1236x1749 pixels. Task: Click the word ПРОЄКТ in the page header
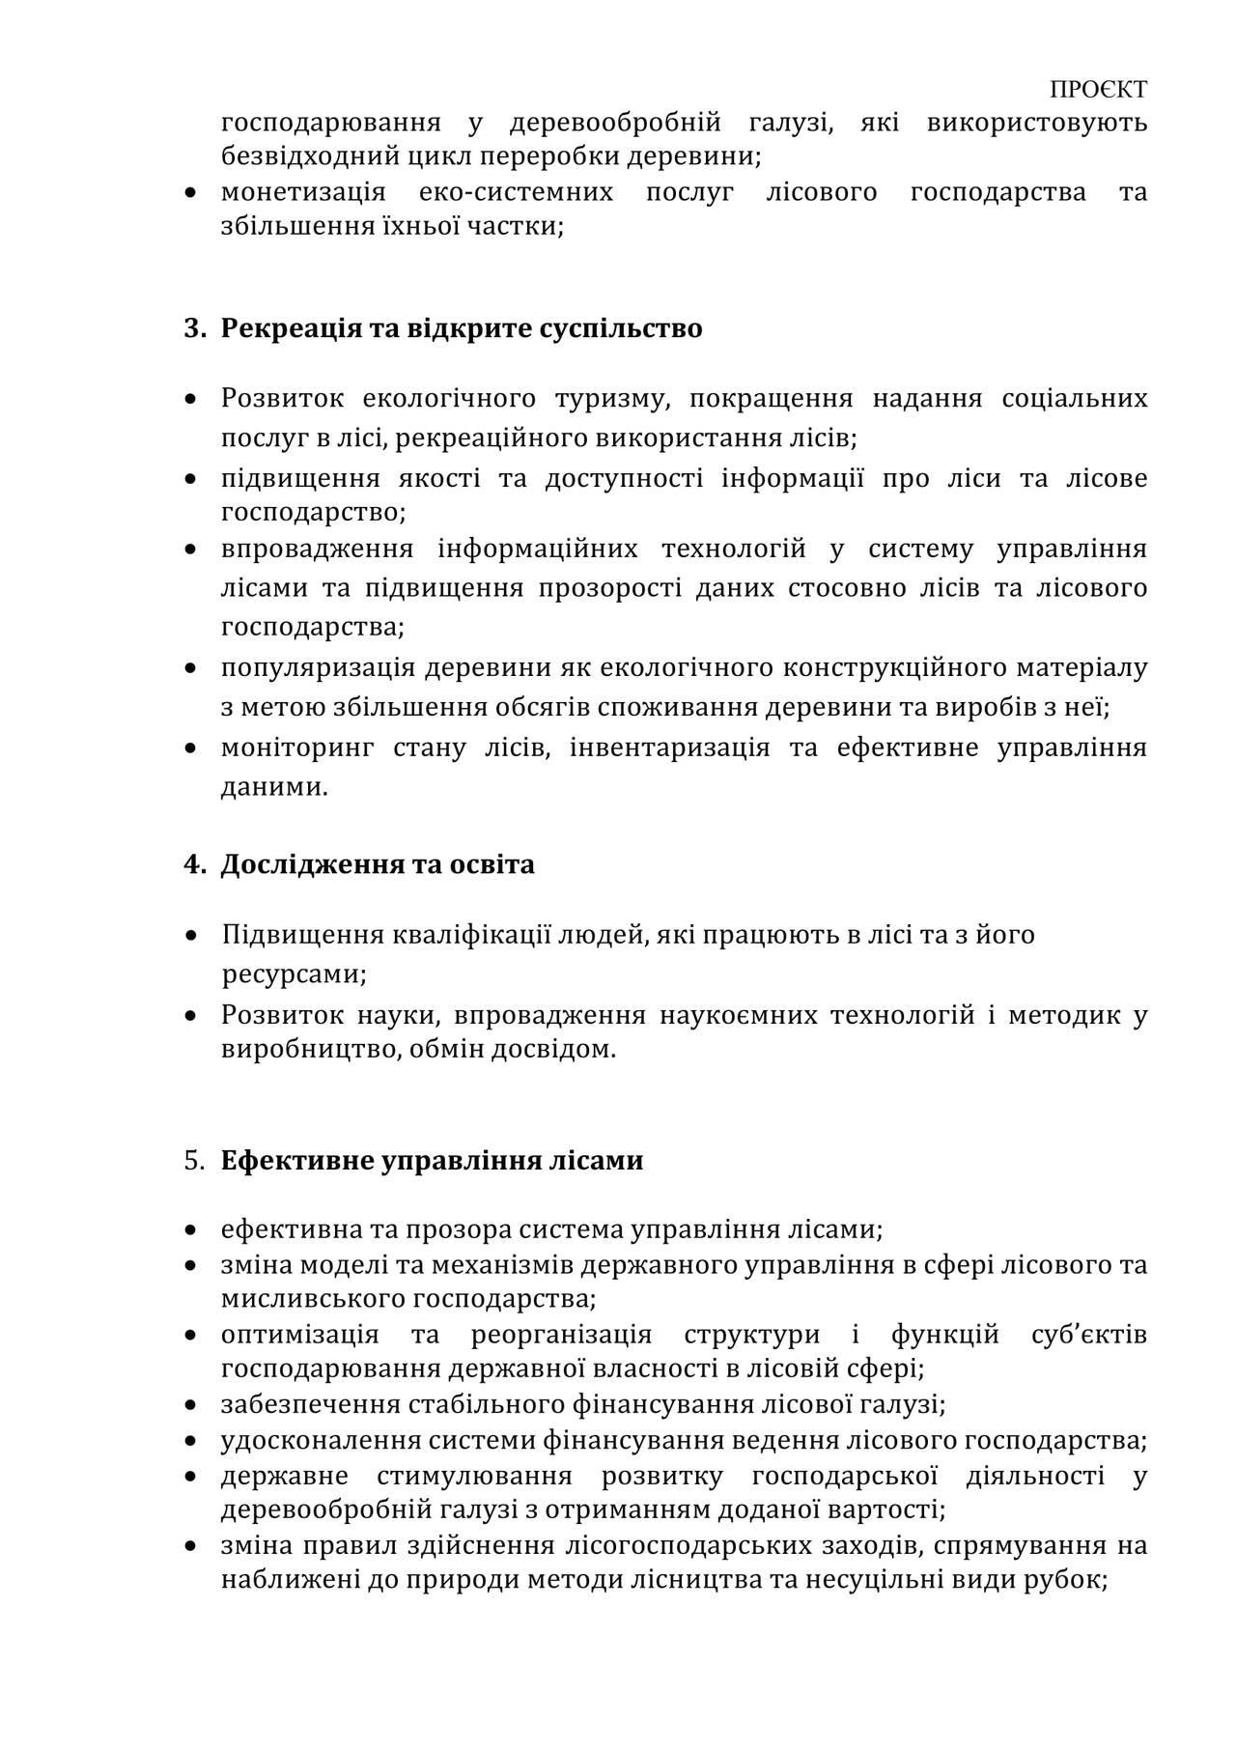(1098, 90)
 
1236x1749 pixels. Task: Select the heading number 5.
(194, 1160)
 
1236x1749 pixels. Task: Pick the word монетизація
(303, 192)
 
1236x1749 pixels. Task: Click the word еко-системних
(516, 192)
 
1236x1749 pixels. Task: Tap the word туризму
(612, 398)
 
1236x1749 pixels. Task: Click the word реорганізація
(561, 1336)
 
